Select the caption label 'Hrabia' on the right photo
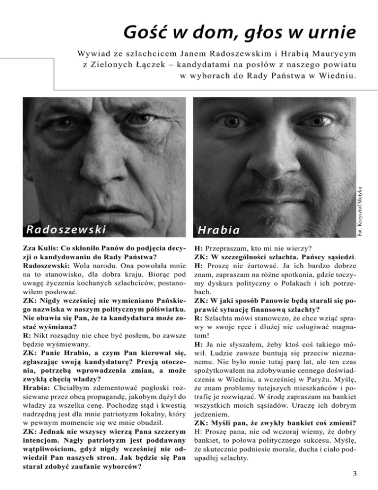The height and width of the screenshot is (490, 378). click(219, 230)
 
